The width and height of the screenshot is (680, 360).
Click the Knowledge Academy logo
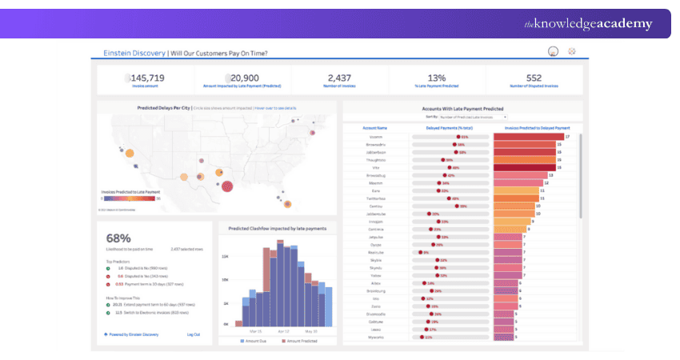click(587, 24)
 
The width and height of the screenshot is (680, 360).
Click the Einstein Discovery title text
click(134, 54)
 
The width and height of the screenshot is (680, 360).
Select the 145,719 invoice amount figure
click(146, 78)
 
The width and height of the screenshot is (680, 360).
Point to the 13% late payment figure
click(437, 78)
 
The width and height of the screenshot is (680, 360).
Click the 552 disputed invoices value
click(534, 78)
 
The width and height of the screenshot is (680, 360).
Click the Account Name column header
click(374, 127)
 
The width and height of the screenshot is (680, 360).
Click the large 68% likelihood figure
click(118, 238)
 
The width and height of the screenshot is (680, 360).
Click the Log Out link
click(194, 334)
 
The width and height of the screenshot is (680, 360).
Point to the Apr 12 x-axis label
click(283, 330)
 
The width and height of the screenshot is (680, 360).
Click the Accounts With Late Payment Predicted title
click(462, 108)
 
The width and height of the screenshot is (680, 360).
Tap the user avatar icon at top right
click(551, 52)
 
